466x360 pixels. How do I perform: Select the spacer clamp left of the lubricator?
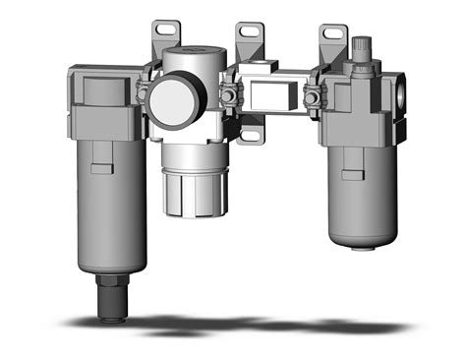313,95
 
